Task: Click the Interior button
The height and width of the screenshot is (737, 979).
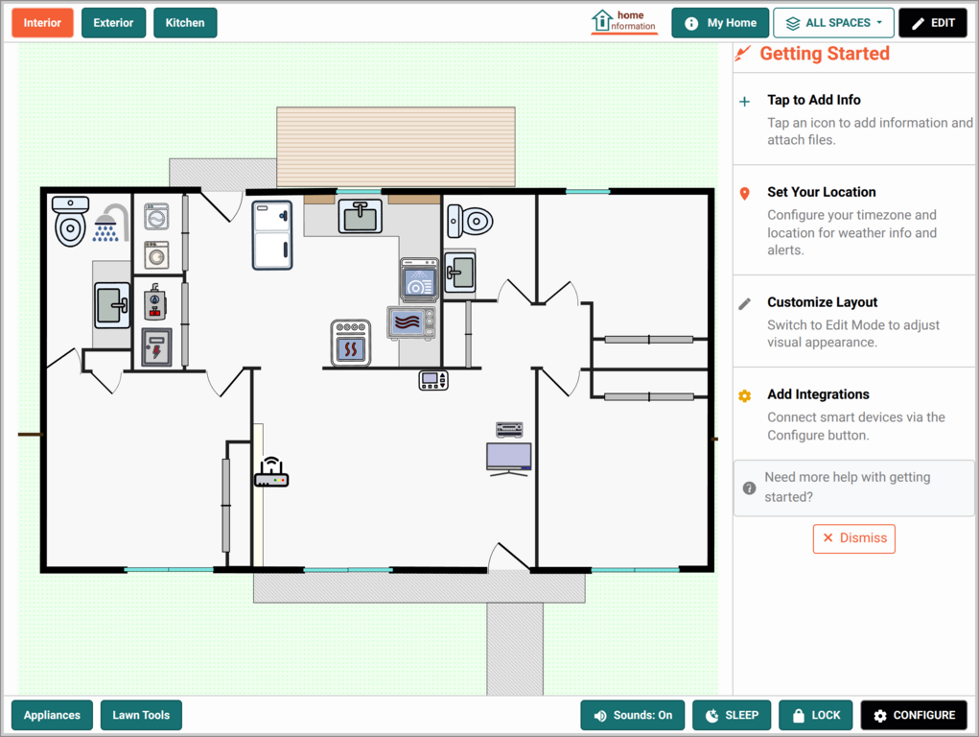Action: point(42,23)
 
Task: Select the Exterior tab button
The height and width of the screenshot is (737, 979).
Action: point(113,23)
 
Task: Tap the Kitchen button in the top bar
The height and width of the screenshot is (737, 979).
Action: point(185,23)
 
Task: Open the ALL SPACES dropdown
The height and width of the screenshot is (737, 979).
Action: point(833,23)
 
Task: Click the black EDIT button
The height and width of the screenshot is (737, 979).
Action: point(933,23)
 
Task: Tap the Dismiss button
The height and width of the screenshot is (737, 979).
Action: point(854,538)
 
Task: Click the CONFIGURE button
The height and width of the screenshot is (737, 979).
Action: point(914,715)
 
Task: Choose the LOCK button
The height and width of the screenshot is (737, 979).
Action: point(815,715)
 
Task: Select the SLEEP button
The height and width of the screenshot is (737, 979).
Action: point(732,715)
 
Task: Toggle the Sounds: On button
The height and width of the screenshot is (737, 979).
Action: point(633,715)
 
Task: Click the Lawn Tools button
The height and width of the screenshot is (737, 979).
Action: point(141,715)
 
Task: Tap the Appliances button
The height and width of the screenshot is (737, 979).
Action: point(52,715)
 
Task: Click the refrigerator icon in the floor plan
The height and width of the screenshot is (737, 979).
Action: point(272,235)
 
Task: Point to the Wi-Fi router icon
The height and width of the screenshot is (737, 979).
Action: point(271,472)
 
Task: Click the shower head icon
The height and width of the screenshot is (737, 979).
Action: point(110,224)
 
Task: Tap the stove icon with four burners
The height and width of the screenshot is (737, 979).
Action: point(351,343)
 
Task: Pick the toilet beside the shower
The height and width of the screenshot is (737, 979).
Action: point(70,222)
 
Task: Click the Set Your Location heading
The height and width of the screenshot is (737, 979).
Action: point(821,192)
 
